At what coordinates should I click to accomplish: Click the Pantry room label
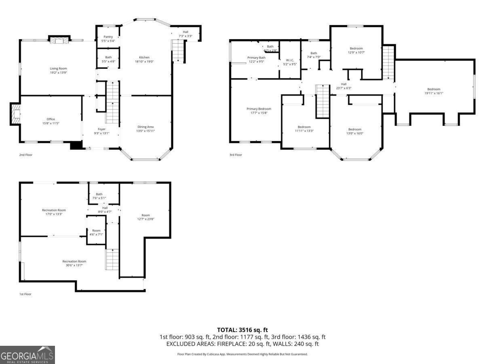[108, 37]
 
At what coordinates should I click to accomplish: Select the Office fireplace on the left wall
[15, 114]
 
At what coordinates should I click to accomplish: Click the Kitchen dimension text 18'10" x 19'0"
[144, 62]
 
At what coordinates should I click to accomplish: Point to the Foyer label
[102, 129]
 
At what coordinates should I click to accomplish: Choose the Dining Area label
[145, 127]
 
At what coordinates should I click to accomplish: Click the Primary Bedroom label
[259, 109]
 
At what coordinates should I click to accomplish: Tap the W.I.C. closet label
[289, 60]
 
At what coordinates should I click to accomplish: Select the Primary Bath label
[256, 58]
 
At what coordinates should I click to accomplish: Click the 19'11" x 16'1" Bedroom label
[432, 89]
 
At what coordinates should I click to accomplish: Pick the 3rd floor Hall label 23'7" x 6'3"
[344, 84]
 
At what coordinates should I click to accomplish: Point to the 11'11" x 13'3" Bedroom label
[304, 127]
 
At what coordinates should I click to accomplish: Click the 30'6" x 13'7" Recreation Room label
[74, 261]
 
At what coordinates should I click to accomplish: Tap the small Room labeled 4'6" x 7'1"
[96, 231]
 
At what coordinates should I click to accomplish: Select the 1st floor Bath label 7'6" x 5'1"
[99, 194]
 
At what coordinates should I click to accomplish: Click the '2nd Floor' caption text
[25, 155]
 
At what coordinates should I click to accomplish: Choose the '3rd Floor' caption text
[235, 155]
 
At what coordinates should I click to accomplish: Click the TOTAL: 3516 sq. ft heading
[242, 330]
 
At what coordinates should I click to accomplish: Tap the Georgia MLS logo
[27, 355]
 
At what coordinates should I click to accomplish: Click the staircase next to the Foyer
[113, 102]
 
